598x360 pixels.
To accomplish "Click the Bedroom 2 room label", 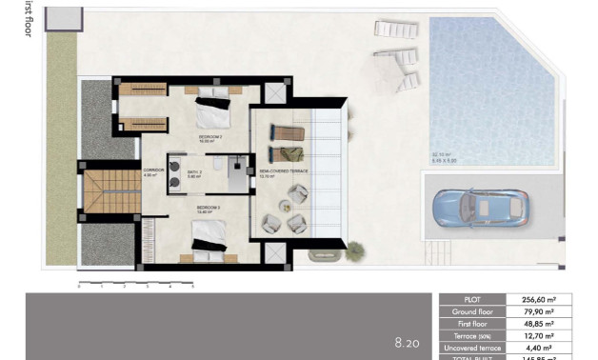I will pos(210,139).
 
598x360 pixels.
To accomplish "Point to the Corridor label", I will pos(153,173).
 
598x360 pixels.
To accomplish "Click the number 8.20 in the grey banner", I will pos(408,342).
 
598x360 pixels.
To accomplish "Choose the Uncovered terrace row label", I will pos(479,348).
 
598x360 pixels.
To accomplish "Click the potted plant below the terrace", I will pos(355,250).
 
